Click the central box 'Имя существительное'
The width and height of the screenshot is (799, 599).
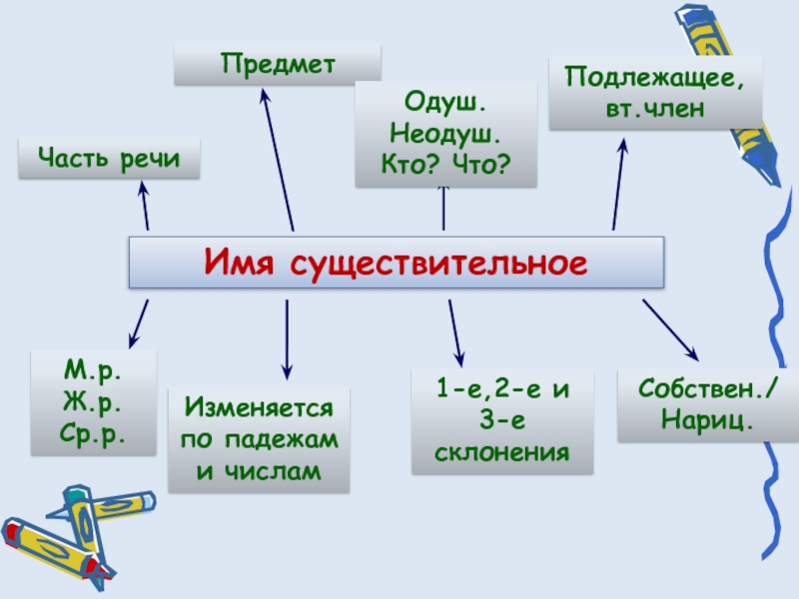(x=396, y=264)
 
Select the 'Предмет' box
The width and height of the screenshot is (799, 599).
(x=277, y=64)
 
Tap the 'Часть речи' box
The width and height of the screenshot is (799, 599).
(x=109, y=159)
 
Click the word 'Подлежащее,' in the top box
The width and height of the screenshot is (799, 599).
(x=655, y=78)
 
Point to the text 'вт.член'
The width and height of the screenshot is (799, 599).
(x=655, y=108)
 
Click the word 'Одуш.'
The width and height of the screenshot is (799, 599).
(x=445, y=103)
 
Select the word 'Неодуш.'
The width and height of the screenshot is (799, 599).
(x=445, y=133)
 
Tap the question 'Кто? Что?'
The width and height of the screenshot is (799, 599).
(x=445, y=163)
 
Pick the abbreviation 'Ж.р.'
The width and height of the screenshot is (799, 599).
(x=93, y=402)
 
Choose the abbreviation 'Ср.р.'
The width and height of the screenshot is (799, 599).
(x=93, y=434)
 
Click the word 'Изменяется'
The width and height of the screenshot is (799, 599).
(x=259, y=408)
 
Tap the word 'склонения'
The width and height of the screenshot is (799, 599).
(x=502, y=452)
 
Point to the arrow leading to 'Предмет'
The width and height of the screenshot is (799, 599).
(x=278, y=160)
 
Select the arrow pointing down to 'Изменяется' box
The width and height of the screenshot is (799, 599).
(x=287, y=339)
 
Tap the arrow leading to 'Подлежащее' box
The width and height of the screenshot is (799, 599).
(x=619, y=185)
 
